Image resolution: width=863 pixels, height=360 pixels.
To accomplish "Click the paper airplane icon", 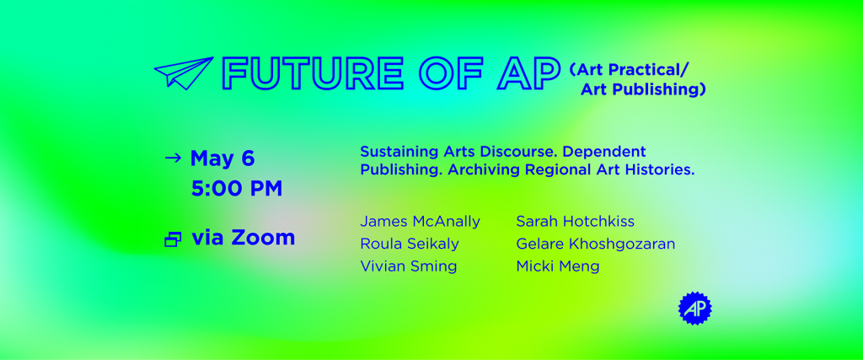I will click(183, 73).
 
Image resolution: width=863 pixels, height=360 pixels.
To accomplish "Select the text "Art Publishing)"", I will click(643, 89).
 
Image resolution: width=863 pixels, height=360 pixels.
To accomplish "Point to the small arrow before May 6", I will click(173, 158).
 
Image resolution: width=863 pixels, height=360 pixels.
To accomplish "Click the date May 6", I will click(222, 158).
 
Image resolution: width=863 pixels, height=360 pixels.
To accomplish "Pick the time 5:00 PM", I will click(237, 188).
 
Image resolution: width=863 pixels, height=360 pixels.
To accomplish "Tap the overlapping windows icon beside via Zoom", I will click(173, 239).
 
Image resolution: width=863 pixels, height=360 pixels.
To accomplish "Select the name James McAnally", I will click(420, 222).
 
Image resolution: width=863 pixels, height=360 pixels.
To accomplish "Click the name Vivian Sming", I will click(408, 266).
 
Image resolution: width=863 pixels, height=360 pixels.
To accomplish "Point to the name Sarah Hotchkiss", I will click(575, 222).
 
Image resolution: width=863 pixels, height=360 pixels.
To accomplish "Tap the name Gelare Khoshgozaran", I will click(595, 244).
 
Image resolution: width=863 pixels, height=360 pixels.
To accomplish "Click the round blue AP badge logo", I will click(694, 309).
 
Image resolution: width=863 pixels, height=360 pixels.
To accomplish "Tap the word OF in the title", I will click(454, 74).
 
